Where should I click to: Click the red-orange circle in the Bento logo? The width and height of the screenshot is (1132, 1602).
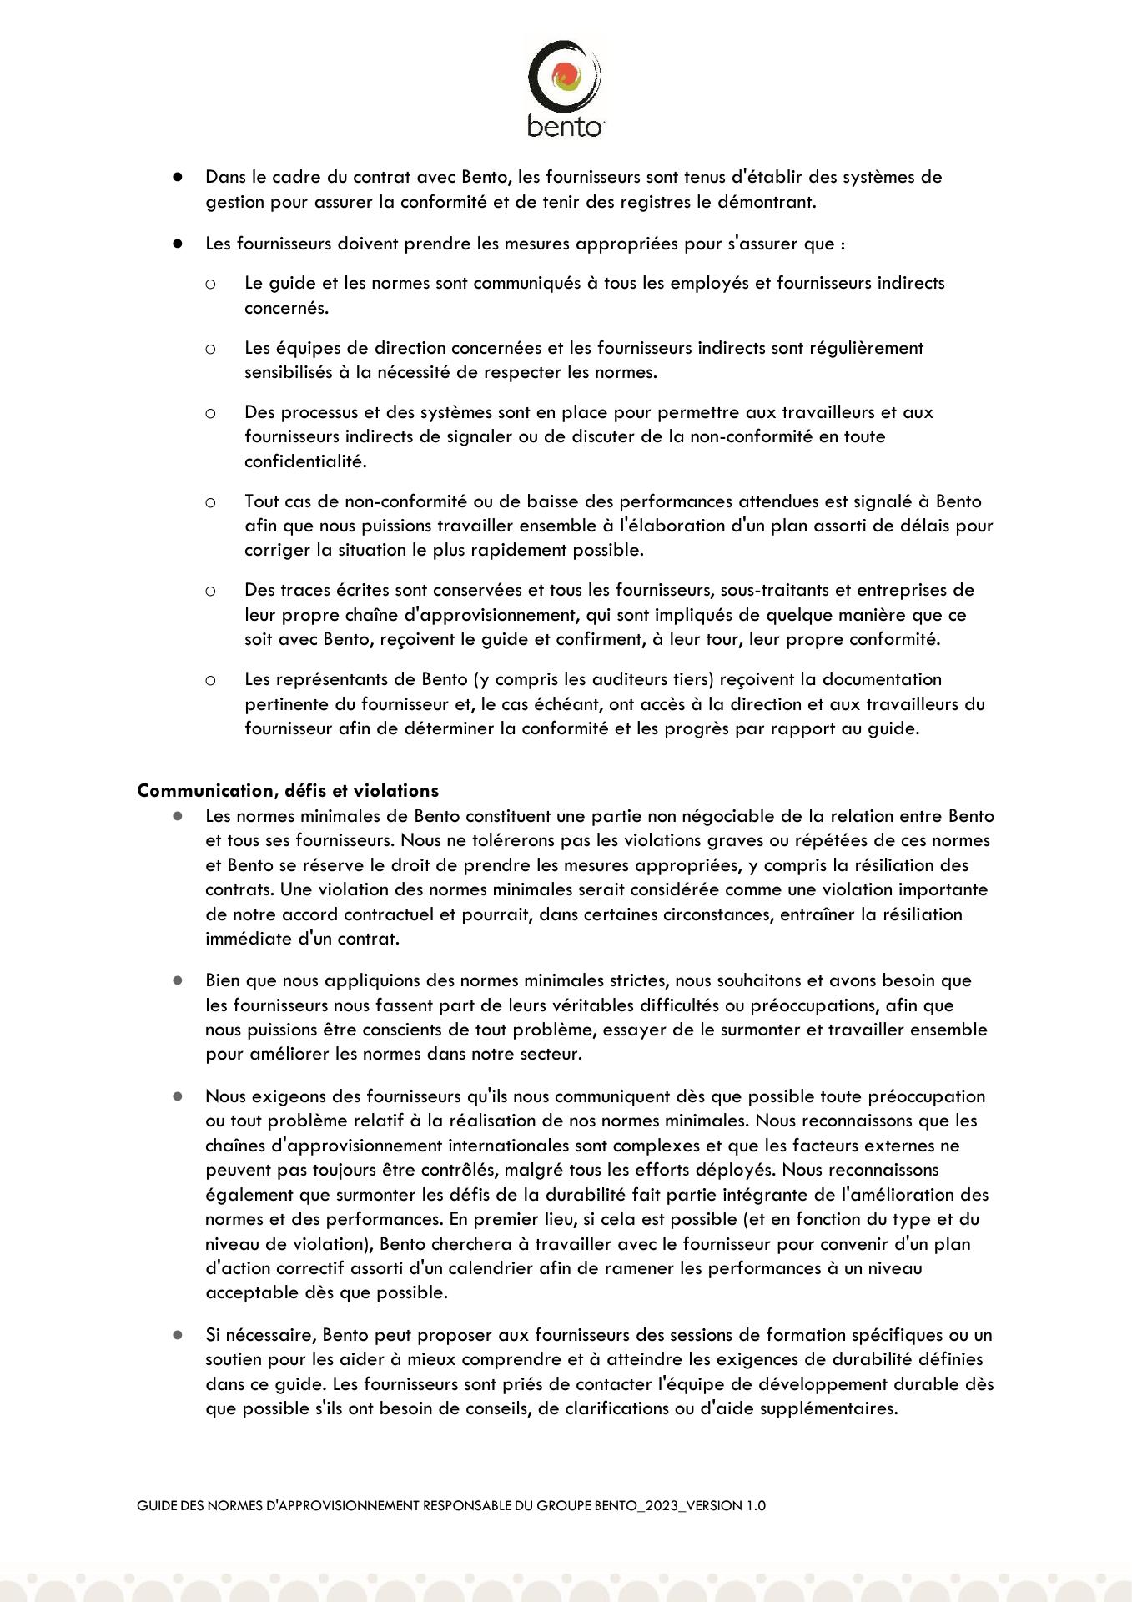click(x=566, y=75)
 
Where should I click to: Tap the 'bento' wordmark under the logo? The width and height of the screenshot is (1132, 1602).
click(x=565, y=126)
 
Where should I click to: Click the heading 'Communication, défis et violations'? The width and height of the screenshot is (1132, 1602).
click(x=288, y=790)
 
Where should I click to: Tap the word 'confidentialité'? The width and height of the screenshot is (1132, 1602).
click(x=304, y=461)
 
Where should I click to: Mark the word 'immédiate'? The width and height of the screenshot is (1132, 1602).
click(x=243, y=939)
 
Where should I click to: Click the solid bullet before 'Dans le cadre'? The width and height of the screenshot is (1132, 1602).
click(x=178, y=177)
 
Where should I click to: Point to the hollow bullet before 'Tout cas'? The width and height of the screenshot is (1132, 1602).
click(x=210, y=502)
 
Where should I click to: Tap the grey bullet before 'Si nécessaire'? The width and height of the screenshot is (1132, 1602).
click(x=178, y=1335)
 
